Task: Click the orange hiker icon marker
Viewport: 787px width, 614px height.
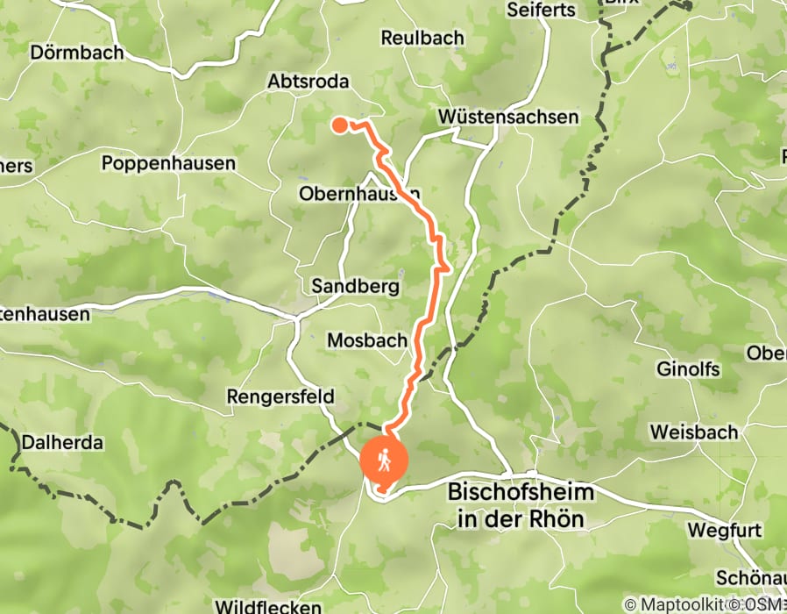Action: [x=384, y=460]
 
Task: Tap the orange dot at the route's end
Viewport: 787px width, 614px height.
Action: [x=340, y=125]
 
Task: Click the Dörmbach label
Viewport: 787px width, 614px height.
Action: [x=77, y=53]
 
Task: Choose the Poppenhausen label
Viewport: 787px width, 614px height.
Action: [x=168, y=164]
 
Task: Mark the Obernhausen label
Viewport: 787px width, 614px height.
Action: [x=359, y=193]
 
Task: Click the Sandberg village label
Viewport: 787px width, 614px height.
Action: [x=356, y=287]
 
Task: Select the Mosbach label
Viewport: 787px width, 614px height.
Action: [x=366, y=340]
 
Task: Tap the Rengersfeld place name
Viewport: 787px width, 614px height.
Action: [x=280, y=397]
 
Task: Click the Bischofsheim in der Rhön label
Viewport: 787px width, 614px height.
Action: [x=521, y=505]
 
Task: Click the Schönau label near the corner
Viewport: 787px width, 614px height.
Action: [x=752, y=579]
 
